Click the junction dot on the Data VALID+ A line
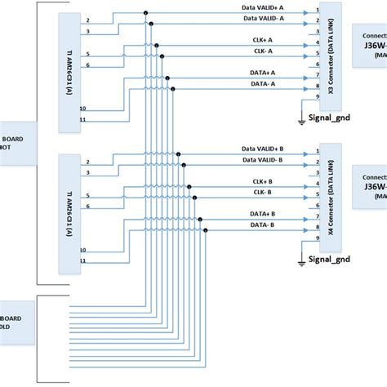[146, 13]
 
